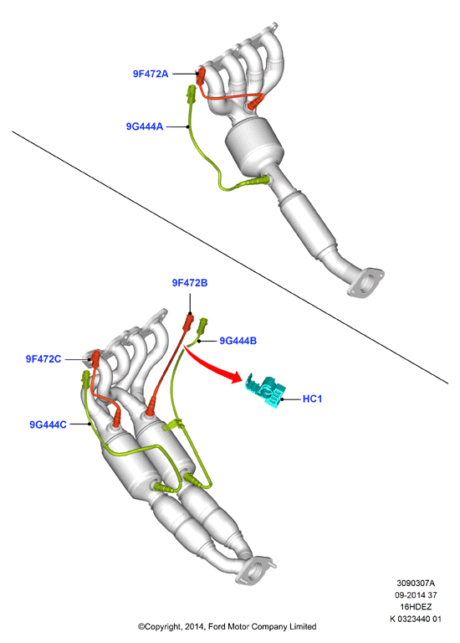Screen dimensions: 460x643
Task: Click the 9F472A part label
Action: point(151,74)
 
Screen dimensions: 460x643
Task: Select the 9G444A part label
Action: point(144,126)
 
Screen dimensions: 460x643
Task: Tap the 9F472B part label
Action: point(190,282)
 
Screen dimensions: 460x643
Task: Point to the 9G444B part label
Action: point(238,341)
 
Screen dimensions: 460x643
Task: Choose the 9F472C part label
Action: point(43,359)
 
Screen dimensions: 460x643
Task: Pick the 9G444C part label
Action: point(48,424)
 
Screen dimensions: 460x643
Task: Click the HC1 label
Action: point(312,399)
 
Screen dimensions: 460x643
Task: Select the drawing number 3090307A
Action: point(416,583)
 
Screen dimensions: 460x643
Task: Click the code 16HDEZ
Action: point(416,606)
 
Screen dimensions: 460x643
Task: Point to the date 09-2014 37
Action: point(416,594)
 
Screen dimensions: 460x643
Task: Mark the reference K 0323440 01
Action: point(416,619)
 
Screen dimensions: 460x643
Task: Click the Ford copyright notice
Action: point(227,626)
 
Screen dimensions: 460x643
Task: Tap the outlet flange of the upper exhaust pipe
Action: point(365,282)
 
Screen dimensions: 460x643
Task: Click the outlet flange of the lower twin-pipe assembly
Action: point(255,569)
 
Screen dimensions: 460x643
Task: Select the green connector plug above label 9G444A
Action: point(192,95)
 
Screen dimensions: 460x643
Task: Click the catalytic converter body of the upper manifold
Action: point(254,146)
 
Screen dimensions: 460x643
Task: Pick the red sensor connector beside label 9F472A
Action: point(201,77)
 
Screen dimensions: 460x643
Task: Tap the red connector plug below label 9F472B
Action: point(189,321)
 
